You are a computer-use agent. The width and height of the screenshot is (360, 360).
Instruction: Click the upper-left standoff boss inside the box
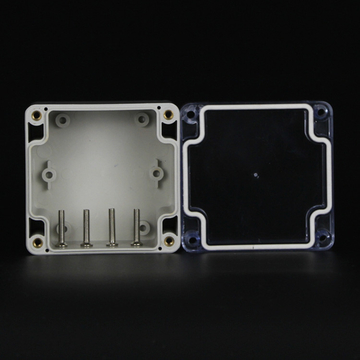(62, 121)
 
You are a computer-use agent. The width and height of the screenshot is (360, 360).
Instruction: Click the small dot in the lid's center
(257, 178)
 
